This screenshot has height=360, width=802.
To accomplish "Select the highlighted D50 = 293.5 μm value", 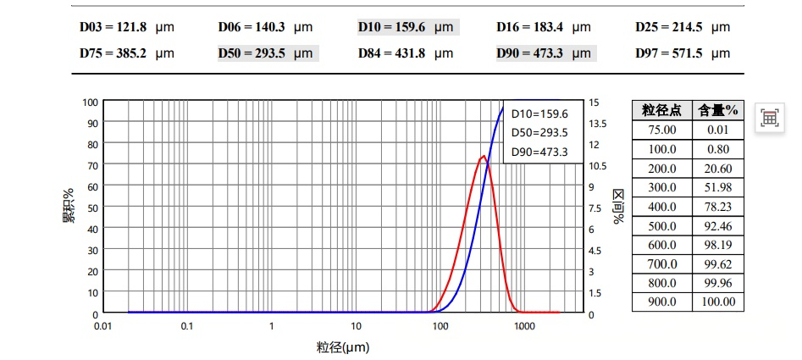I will pyautogui.click(x=267, y=53).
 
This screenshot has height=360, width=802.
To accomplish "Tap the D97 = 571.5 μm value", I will pyautogui.click(x=683, y=53).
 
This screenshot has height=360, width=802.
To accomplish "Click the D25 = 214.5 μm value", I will pyautogui.click(x=683, y=27).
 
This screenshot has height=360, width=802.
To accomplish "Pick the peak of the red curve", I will pyautogui.click(x=483, y=156).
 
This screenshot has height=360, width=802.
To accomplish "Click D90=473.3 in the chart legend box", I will pyautogui.click(x=539, y=152).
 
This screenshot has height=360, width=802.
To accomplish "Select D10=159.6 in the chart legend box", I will pyautogui.click(x=539, y=114).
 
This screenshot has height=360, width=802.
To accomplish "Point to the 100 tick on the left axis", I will pyautogui.click(x=90, y=102).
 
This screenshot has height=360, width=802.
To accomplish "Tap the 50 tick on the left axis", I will pyautogui.click(x=92, y=208).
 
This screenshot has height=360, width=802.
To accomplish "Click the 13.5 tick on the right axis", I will pyautogui.click(x=599, y=124).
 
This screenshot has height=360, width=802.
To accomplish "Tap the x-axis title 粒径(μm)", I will pyautogui.click(x=343, y=347).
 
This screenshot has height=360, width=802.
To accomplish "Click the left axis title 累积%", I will pyautogui.click(x=68, y=208).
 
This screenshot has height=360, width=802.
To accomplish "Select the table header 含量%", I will pyautogui.click(x=717, y=110).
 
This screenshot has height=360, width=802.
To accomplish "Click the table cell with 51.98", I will pyautogui.click(x=717, y=187).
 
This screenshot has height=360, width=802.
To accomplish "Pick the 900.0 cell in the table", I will pyautogui.click(x=662, y=302).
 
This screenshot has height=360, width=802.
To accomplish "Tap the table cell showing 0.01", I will pyautogui.click(x=717, y=130).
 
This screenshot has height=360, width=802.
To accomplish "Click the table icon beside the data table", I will pyautogui.click(x=769, y=118).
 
